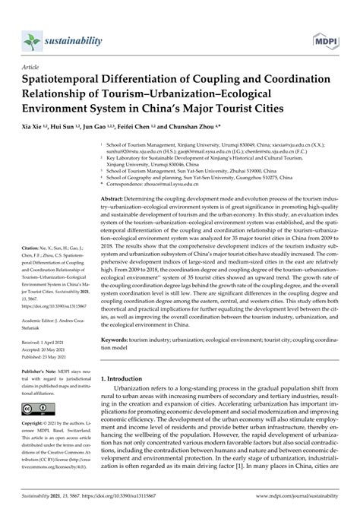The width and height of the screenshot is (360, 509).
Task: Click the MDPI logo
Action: [x=325, y=37]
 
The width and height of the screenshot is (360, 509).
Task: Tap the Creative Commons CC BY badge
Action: [x=36, y=430]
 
